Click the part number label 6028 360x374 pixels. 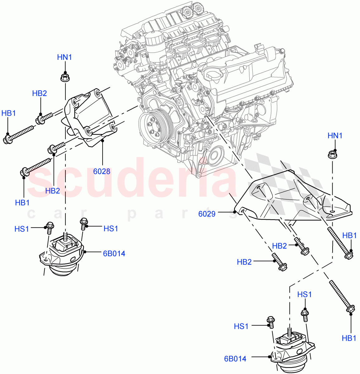[102, 171]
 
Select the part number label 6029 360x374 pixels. [207, 214]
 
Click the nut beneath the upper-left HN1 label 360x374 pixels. [65, 77]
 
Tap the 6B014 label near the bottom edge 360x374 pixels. [235, 359]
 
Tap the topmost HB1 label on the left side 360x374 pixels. [8, 113]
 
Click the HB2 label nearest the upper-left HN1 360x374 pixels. [40, 93]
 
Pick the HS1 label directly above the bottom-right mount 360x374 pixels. [304, 295]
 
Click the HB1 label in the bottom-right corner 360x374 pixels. [349, 338]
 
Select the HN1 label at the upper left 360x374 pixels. [65, 57]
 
